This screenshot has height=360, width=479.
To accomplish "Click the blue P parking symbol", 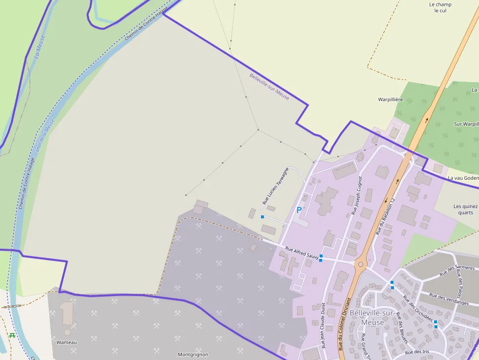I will coord(299,210).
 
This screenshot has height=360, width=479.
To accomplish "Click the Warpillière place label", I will coord(391,99).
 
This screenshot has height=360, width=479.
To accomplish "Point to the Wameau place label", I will coord(67,342).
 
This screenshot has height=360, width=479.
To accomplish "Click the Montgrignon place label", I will coord(193,355).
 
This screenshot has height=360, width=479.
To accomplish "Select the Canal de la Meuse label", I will coord(44,137).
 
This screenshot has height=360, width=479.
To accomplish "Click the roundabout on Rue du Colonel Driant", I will coord(360,264).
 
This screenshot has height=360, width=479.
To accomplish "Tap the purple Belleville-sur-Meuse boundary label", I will coord(269,87).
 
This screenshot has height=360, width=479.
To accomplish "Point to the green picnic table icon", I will coord(12,335).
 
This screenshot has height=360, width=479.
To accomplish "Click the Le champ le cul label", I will coord(440,7).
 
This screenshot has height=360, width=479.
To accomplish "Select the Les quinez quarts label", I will coord(466,209).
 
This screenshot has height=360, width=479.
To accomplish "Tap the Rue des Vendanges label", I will coord(449,299).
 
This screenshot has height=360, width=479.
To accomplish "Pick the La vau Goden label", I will coord(463,178).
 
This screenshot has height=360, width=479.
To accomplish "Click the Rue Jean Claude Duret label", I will coord(323,325).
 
